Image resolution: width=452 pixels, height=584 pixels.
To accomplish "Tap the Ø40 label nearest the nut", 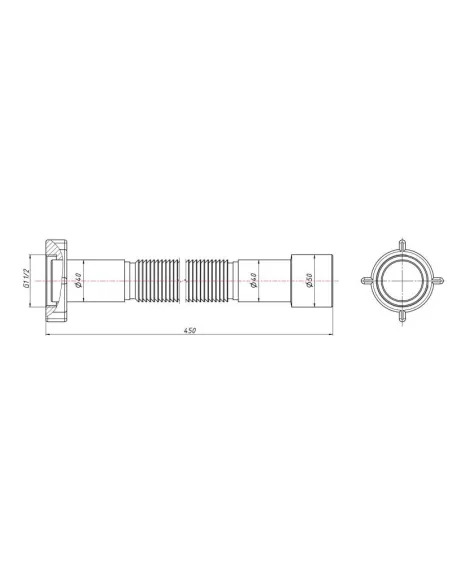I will click(78, 281).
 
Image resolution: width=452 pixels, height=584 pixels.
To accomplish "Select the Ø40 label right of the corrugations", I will click(255, 281).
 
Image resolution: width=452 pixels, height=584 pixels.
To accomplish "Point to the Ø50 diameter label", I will click(311, 281).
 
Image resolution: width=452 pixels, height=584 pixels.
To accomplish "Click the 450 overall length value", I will click(190, 330).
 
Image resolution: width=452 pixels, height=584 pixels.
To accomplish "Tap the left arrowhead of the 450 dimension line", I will click(49, 336).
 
